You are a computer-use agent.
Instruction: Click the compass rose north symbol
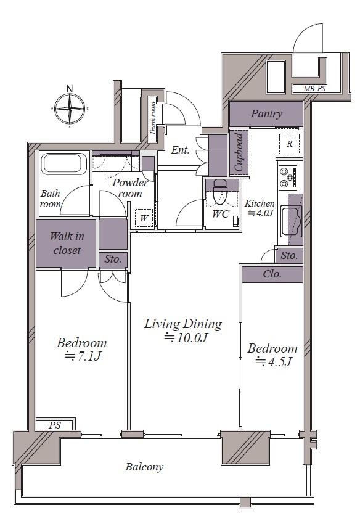click(70, 109)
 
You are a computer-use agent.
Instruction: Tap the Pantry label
click(266, 113)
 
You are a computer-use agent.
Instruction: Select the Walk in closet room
click(67, 243)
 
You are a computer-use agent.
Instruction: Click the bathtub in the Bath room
click(63, 164)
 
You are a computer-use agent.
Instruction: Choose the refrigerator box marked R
click(289, 144)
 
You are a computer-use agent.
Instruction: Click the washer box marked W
click(144, 218)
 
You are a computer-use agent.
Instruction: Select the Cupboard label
click(239, 152)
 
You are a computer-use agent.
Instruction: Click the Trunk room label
click(153, 118)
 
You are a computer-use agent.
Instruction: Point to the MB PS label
click(314, 89)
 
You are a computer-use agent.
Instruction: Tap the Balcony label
click(144, 467)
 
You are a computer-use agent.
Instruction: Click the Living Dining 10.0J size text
click(186, 338)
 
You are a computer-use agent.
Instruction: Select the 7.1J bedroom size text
click(83, 356)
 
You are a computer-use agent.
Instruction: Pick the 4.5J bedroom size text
click(273, 361)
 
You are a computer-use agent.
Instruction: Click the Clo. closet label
click(272, 274)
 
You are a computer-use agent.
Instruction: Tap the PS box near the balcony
click(54, 425)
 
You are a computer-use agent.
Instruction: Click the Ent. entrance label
click(181, 150)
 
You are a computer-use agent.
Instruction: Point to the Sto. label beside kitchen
click(289, 255)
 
